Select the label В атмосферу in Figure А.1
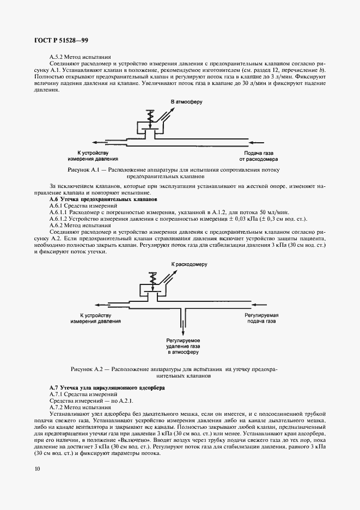pos(187,102)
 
